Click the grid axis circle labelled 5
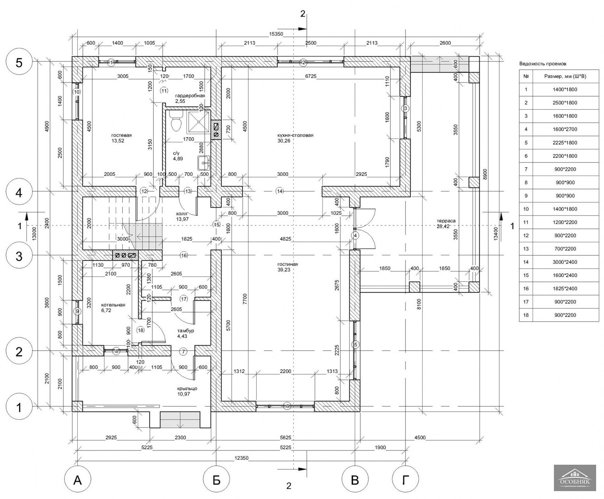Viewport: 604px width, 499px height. pyautogui.click(x=19, y=63)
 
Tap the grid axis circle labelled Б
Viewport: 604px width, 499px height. pyautogui.click(x=216, y=479)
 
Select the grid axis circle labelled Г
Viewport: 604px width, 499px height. pyautogui.click(x=406, y=479)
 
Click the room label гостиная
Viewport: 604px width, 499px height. pyautogui.click(x=287, y=264)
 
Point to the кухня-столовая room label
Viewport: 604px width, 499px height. pyautogui.click(x=295, y=135)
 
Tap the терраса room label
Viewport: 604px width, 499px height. pyautogui.click(x=446, y=221)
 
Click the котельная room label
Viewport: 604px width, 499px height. pyautogui.click(x=113, y=305)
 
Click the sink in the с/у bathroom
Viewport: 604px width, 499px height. pyautogui.click(x=204, y=163)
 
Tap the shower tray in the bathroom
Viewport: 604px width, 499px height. pyautogui.click(x=199, y=122)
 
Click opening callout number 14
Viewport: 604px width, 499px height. pyautogui.click(x=280, y=191)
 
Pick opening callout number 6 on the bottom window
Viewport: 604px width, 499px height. pyautogui.click(x=287, y=406)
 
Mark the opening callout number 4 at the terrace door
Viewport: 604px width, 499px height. pyautogui.click(x=355, y=236)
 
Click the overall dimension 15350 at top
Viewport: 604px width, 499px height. pyautogui.click(x=276, y=34)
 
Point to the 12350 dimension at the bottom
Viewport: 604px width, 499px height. pyautogui.click(x=241, y=458)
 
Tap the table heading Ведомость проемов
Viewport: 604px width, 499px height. pyautogui.click(x=542, y=63)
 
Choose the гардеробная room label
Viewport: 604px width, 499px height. pyautogui.click(x=190, y=95)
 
